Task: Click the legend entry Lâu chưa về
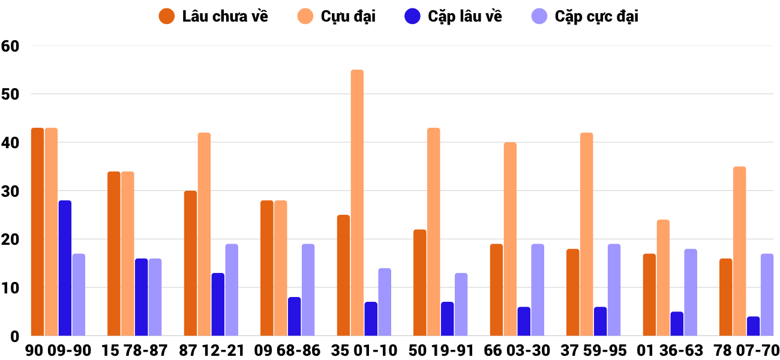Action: pyautogui.click(x=214, y=16)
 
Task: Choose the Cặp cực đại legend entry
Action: pyautogui.click(x=585, y=16)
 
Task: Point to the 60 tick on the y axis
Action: pyautogui.click(x=11, y=46)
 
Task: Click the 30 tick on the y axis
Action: pyautogui.click(x=11, y=191)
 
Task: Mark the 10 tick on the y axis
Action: pyautogui.click(x=11, y=288)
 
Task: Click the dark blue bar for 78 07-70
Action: pyautogui.click(x=753, y=326)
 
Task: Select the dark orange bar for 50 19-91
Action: pyautogui.click(x=420, y=283)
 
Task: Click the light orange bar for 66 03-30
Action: pyautogui.click(x=510, y=239)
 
